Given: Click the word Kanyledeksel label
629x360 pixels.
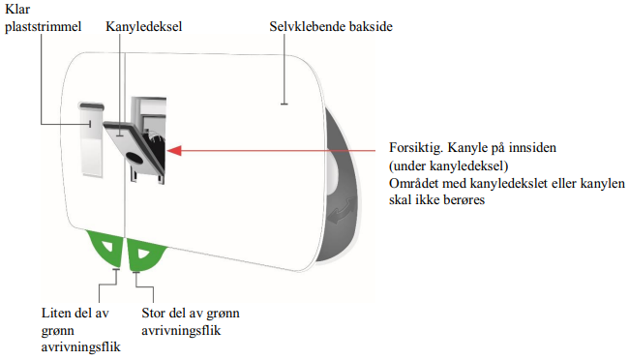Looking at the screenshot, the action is pos(143,27).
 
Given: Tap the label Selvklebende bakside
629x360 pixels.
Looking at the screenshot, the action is pos(331,26).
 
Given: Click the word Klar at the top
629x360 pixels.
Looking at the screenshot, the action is pos(17,9).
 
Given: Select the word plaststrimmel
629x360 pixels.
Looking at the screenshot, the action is pos(43,27).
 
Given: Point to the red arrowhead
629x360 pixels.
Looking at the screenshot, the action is pos(174,151).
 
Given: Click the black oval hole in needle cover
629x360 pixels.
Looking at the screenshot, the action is pos(134,158).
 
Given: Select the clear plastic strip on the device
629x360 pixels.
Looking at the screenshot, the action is pos(92,139).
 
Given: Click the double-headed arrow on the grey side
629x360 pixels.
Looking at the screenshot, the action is pos(341,211).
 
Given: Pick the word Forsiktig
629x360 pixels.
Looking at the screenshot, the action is pos(416,148).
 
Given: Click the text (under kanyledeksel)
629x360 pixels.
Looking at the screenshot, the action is pos(448,165).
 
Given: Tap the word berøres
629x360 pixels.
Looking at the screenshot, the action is pos(465,199).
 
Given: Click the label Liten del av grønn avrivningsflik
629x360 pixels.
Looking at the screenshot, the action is pos(80,330).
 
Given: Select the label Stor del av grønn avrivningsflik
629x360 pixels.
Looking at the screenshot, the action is pos(191,321).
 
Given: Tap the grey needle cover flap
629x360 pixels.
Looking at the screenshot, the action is pos(134,148).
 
